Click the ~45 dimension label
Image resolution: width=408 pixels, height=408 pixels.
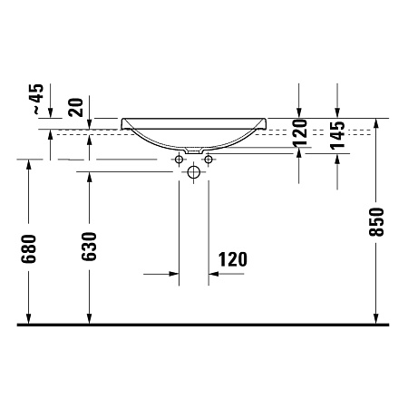pos(36,97)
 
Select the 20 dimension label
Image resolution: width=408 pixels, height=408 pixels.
pos(76,106)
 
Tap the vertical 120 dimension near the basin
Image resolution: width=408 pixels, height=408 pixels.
pos(299,132)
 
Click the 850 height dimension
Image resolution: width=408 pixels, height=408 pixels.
pos(378,222)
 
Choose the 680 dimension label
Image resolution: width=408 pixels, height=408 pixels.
pos(29,248)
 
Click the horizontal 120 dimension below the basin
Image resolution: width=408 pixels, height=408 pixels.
pos(232,259)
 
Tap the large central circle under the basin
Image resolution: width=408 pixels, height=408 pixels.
pos(193,170)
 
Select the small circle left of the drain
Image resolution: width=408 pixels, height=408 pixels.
pos(179,160)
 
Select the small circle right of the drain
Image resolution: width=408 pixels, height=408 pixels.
pos(208,160)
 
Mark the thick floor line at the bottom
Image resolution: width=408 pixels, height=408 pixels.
pos(204,324)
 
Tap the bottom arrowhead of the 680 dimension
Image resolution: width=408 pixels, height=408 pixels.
pos(29,316)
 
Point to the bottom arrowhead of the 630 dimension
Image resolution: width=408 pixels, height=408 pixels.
pos(89,316)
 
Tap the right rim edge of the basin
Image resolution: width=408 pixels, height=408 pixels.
pos(265,121)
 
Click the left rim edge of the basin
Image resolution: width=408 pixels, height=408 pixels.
pos(123,121)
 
